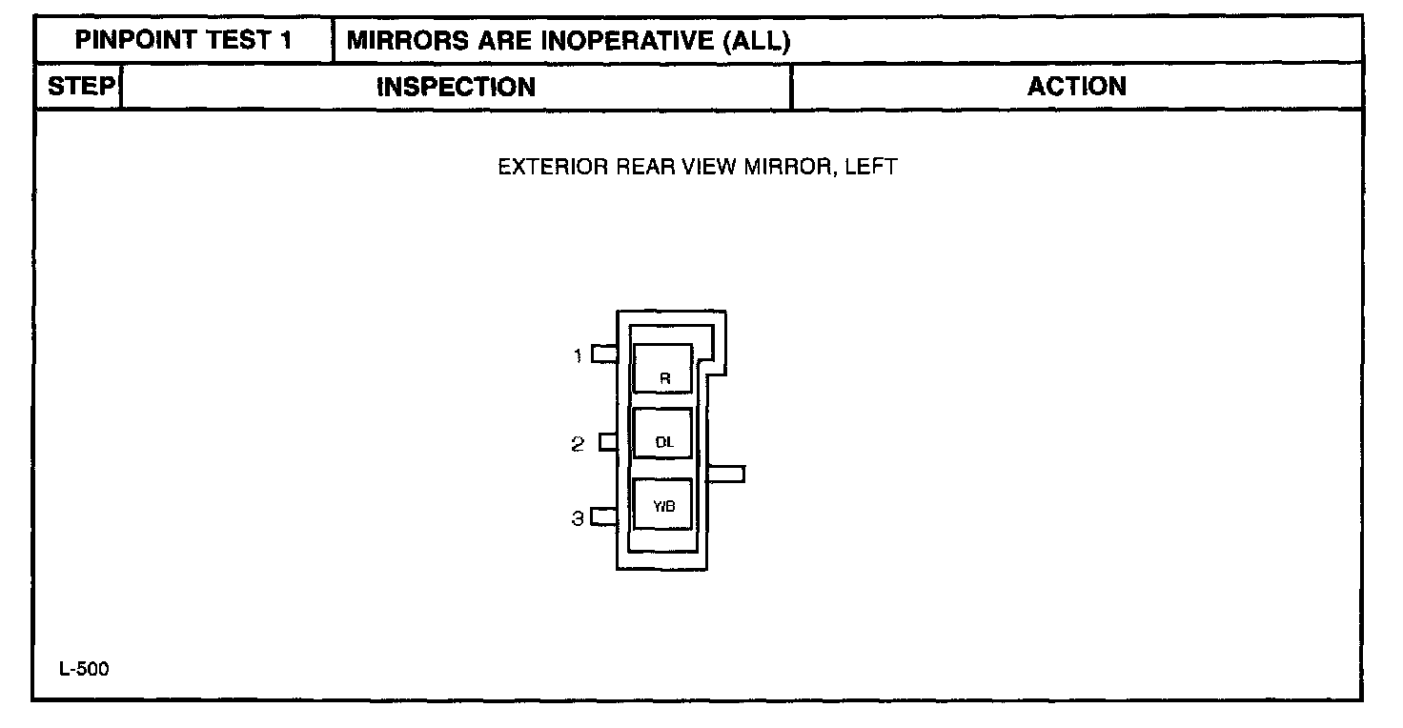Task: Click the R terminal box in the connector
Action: point(663,369)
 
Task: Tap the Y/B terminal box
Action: point(663,504)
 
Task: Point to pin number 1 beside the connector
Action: point(578,356)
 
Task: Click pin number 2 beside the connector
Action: point(578,444)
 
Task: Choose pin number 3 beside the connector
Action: point(578,519)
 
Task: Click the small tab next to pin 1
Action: point(604,354)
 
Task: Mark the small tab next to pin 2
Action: point(608,442)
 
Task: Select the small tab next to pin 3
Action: point(604,517)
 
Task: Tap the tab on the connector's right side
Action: point(726,474)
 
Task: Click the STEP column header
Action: point(80,87)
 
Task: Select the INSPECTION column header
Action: point(457,88)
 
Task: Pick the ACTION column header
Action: point(1076,87)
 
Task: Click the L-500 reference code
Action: point(84,670)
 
